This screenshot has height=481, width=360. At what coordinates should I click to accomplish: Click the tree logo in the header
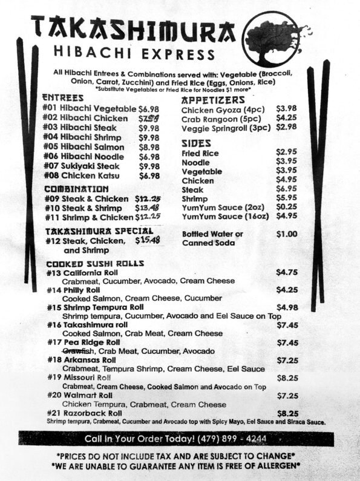273,39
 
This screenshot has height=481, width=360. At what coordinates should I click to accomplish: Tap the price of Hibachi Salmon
149,147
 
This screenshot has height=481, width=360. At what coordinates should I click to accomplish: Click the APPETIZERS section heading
213,99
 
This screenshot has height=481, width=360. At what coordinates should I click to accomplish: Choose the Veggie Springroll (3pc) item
226,128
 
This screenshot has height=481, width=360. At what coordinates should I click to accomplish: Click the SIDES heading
196,143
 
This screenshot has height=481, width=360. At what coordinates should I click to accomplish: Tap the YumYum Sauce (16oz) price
286,215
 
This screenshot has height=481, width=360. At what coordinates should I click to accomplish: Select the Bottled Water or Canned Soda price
286,234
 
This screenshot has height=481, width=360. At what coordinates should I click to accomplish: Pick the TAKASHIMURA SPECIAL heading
99,231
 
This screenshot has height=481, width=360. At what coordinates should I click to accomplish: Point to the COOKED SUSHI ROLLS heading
95,264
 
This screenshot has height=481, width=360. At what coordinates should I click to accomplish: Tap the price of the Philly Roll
286,290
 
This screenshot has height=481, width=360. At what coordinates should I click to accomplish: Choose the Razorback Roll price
287,413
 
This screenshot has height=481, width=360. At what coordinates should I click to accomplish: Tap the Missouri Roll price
287,378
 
